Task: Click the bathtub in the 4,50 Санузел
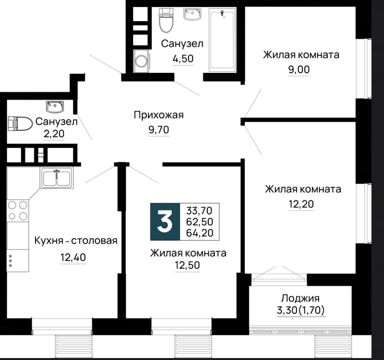click(223, 40)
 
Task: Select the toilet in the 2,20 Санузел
click(20, 123)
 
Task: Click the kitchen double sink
click(56, 178)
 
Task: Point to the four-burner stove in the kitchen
click(18, 211)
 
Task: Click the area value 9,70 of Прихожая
click(159, 130)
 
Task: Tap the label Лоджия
click(300, 298)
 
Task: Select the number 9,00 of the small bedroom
click(299, 70)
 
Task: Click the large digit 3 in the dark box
click(165, 222)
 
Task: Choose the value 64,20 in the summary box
click(199, 233)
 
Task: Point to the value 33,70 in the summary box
click(199, 211)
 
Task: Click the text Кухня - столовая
click(76, 241)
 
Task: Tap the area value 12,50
click(187, 265)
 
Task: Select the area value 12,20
click(301, 204)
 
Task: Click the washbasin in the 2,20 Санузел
click(55, 107)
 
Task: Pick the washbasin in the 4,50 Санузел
click(192, 14)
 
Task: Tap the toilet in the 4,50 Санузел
click(166, 20)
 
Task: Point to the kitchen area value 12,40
click(73, 257)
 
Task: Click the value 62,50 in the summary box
click(199, 222)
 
